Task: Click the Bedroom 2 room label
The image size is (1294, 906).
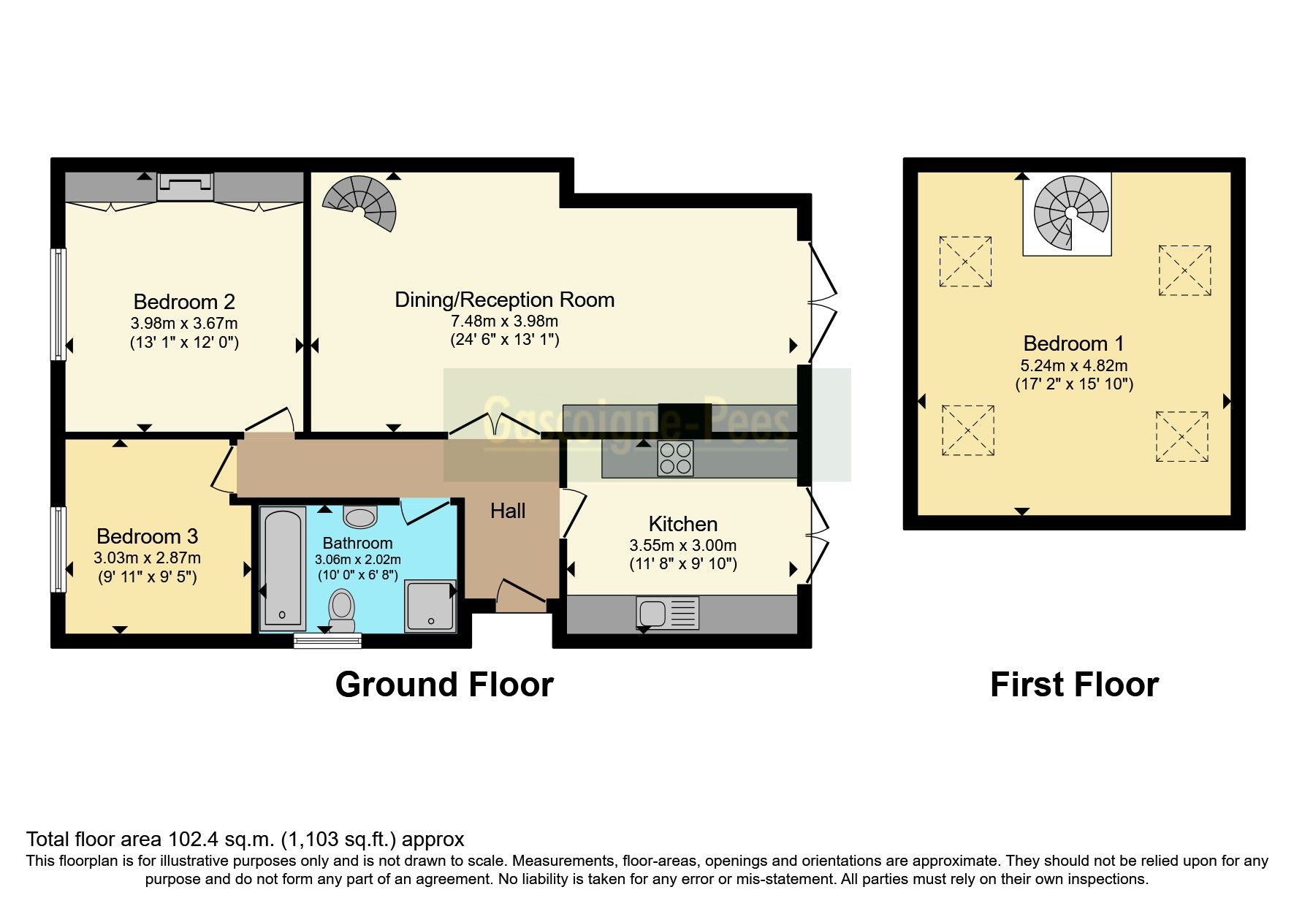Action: pos(184,302)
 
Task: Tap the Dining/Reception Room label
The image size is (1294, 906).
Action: pos(504,300)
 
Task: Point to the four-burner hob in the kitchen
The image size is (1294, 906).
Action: pos(675,459)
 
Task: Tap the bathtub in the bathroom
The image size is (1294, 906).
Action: pos(283,568)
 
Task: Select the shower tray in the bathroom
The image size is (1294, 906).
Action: pos(431,606)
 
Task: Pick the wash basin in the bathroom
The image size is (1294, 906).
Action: pos(360,517)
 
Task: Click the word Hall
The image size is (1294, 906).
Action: pos(508,511)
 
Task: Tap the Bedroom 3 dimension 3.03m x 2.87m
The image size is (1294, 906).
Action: pos(147,558)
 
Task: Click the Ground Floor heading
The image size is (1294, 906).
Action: pos(444,685)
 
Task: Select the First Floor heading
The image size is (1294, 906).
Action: pos(1073,685)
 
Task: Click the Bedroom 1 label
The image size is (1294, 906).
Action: pos(1073,343)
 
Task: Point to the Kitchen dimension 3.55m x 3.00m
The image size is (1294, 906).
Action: pos(682,545)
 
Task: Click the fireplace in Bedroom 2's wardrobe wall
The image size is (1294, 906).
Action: pos(185,187)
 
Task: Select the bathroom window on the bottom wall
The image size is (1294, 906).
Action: pos(327,640)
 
